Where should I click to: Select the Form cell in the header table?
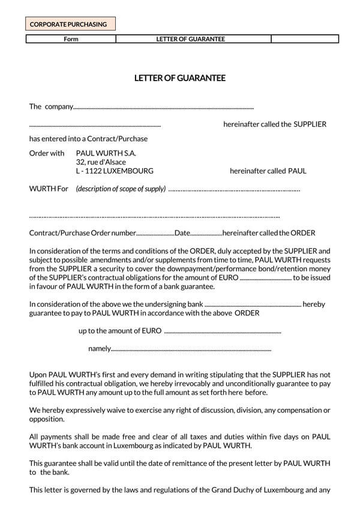tap(71, 39)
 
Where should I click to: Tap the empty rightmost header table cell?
tap(305, 39)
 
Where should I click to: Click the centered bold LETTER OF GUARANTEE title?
tap(179, 77)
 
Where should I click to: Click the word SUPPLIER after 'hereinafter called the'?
tap(310, 124)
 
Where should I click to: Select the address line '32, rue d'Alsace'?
tap(101, 162)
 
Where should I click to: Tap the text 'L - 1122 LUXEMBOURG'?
tap(115, 171)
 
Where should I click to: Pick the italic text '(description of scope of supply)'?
tap(121, 189)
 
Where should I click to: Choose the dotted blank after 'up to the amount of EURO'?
tap(223, 332)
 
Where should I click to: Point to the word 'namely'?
tap(99, 349)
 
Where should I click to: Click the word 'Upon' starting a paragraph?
tap(38, 375)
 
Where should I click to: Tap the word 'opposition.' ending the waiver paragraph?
tap(47, 420)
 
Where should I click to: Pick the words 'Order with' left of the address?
tap(47, 153)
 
